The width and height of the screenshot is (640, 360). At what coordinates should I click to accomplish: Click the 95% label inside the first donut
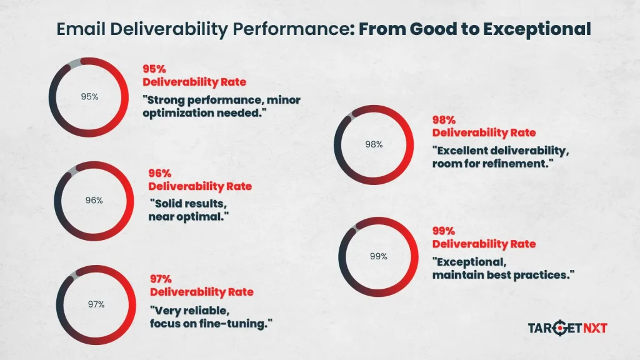(x=89, y=97)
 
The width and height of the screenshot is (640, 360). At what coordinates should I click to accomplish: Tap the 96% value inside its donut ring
(x=94, y=201)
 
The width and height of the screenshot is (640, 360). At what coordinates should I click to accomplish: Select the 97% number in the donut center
(x=96, y=304)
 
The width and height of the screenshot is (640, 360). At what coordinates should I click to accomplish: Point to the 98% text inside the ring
(x=374, y=144)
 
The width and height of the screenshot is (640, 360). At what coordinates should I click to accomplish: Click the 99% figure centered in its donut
(x=378, y=256)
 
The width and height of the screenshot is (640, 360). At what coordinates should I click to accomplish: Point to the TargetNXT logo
(x=567, y=327)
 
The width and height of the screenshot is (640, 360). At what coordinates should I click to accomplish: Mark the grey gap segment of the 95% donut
(x=74, y=62)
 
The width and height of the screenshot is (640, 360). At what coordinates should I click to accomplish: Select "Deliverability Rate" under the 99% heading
(x=484, y=244)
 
